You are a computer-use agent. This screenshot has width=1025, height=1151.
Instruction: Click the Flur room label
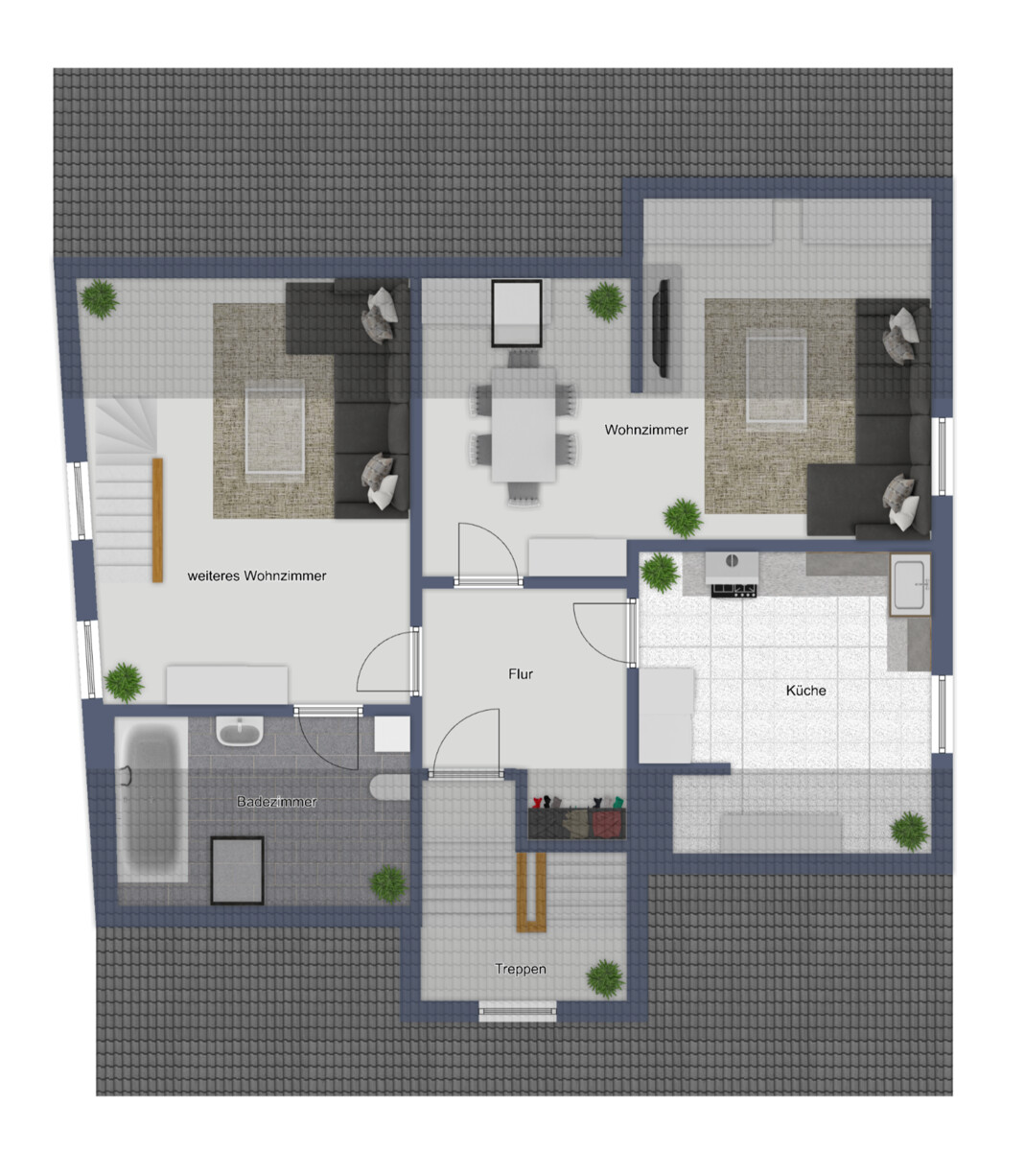point(520,673)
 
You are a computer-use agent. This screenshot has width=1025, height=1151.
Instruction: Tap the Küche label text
point(805,691)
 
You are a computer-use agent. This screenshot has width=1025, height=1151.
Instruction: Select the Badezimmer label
point(276,801)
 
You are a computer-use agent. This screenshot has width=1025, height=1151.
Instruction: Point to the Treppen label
point(520,969)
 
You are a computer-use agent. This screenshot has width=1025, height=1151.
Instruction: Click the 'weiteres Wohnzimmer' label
point(257,575)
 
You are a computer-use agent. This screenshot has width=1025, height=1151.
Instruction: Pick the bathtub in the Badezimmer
point(151,800)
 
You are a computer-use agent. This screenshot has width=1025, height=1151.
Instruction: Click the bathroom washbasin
point(239,731)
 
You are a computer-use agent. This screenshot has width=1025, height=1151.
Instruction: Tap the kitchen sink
point(909,584)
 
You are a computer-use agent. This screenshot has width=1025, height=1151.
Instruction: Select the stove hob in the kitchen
point(734,590)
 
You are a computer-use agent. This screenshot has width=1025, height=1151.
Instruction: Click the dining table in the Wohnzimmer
point(523,424)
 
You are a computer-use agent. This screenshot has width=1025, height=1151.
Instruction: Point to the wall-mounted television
point(661,328)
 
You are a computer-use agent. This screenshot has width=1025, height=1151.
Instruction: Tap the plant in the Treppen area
point(605,978)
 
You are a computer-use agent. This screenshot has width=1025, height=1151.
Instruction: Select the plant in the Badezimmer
point(388,884)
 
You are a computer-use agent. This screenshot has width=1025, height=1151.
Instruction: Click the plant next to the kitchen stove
point(660,572)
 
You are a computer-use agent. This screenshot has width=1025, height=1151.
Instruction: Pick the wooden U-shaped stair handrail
point(531,892)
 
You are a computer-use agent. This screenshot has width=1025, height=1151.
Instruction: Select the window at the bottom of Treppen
point(518,1011)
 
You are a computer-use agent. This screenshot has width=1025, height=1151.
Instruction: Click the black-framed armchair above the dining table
point(516,313)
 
